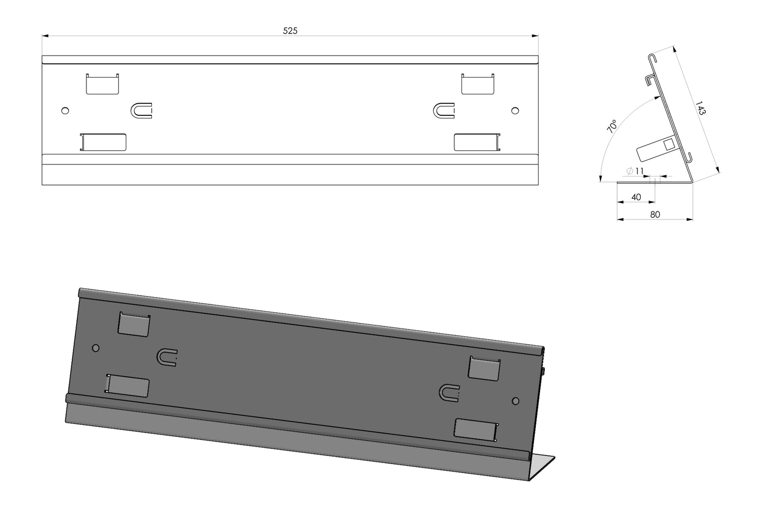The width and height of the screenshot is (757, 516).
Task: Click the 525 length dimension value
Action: point(290,31)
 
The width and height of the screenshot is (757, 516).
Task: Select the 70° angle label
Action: point(612,126)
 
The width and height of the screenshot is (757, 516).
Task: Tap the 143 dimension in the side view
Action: point(700,108)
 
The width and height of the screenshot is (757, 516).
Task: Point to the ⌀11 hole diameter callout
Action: point(635,171)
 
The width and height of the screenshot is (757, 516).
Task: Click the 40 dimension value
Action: point(636,197)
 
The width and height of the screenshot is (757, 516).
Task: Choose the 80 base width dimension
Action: point(655,215)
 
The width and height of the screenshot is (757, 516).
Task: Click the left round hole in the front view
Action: point(65,111)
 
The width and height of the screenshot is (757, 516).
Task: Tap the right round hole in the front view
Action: point(515,111)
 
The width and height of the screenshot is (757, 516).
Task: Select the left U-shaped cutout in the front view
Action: point(141,111)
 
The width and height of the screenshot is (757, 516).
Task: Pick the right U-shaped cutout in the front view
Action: point(444,111)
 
